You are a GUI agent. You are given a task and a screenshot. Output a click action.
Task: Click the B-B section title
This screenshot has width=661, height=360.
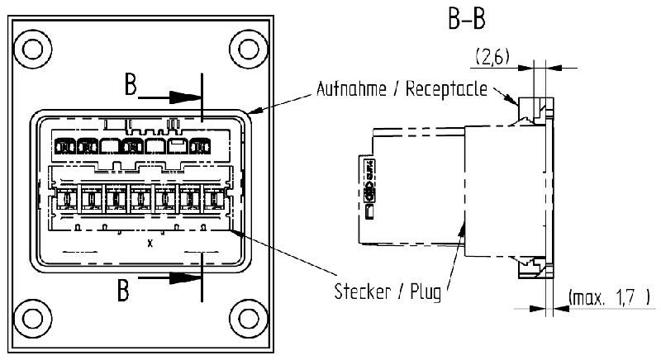(468, 19)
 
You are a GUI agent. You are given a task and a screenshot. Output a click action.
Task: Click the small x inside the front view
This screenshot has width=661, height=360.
(150, 244)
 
